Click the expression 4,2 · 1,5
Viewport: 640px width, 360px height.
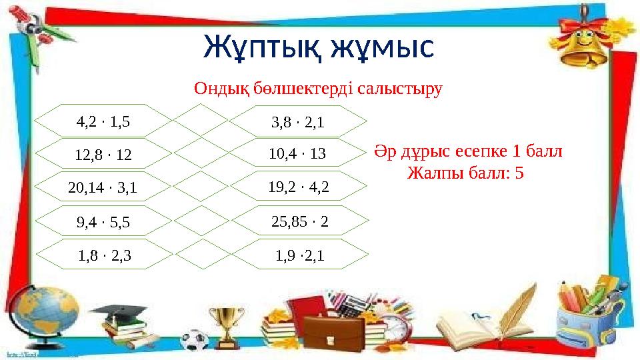point(103,121)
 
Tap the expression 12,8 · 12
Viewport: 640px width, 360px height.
point(103,155)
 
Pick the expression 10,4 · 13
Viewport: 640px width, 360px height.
point(297,154)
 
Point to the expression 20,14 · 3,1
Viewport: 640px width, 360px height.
point(103,189)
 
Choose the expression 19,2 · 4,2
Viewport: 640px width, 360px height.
point(298,187)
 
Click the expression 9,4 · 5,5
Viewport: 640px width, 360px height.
point(103,223)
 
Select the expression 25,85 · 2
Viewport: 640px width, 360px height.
point(300,221)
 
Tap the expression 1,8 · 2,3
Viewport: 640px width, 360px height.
point(103,254)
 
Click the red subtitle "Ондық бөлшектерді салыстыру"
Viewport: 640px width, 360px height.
point(318,88)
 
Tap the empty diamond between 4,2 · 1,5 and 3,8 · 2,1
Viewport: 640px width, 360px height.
point(201,121)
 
